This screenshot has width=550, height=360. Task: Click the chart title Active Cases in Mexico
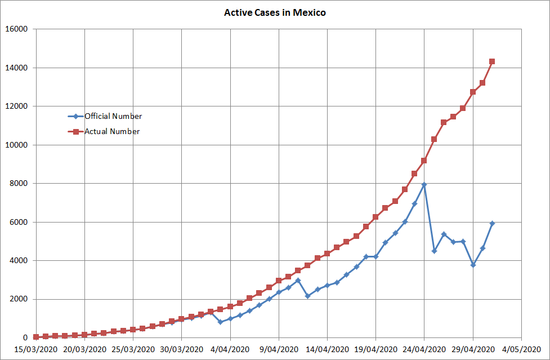point(275,12)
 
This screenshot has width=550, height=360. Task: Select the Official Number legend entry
point(113,117)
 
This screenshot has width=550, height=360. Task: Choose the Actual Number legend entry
point(112,132)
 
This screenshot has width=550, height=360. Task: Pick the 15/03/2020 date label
point(36,349)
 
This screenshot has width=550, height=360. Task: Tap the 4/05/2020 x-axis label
point(521,349)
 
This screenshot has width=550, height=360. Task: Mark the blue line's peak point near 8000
point(424,185)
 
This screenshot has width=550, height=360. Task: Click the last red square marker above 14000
point(492,61)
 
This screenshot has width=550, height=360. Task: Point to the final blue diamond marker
point(492,224)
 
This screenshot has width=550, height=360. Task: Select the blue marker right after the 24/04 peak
point(434,251)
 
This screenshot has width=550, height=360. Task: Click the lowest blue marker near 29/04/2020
point(473,265)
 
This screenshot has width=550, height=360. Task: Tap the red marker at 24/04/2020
point(424,161)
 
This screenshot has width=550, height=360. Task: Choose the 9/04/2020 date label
point(279,349)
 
